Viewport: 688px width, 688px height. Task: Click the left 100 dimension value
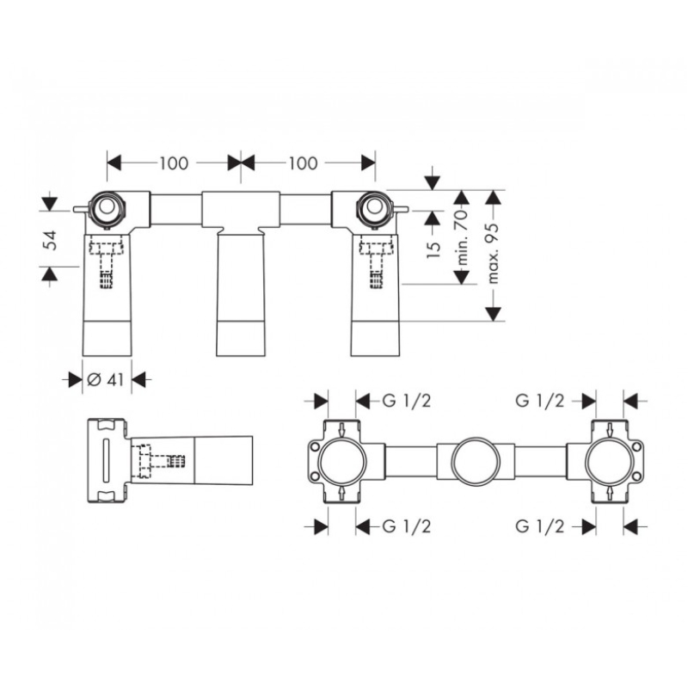174,163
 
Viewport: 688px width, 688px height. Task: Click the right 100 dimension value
303,163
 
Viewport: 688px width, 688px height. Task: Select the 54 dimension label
52,240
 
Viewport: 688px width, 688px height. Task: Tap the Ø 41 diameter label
106,379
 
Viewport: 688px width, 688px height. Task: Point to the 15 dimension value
433,249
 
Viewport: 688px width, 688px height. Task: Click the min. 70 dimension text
462,238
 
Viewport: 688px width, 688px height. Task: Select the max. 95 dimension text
493,253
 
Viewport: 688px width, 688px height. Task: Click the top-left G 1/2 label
407,401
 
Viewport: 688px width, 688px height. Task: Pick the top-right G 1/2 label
540,401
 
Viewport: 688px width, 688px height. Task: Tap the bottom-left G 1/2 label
407,526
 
